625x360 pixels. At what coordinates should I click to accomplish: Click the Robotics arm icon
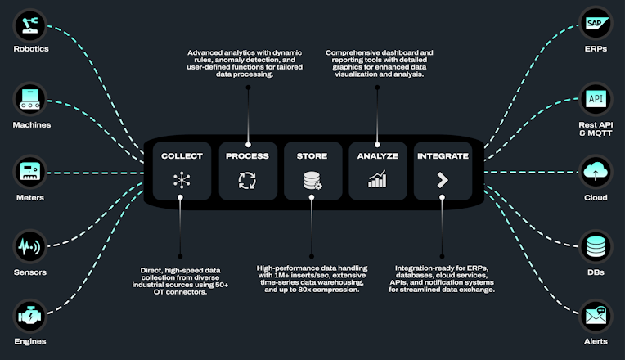(29, 25)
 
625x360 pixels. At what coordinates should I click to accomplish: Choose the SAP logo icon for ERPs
(595, 25)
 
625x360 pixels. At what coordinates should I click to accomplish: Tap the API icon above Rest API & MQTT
(595, 100)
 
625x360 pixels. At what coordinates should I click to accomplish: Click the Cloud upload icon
(595, 172)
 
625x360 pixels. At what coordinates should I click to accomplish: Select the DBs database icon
(595, 245)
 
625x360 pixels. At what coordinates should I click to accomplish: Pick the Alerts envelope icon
(595, 315)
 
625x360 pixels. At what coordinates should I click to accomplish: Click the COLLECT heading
(182, 155)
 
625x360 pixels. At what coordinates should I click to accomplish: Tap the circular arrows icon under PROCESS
(247, 180)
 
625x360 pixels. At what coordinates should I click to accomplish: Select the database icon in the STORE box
(312, 180)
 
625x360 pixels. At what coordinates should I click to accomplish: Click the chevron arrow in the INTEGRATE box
(443, 180)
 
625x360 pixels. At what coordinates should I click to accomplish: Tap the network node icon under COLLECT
(182, 180)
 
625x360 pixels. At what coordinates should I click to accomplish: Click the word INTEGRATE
(443, 155)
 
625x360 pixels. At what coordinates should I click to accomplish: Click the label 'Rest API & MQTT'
(595, 128)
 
